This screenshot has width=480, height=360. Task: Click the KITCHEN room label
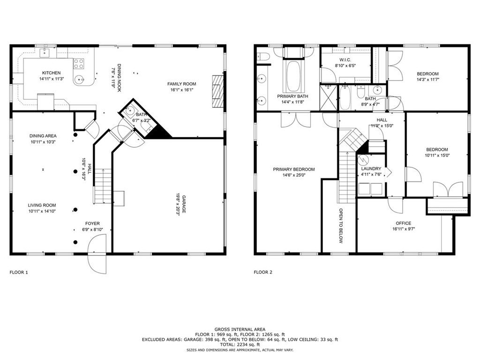point(51,73)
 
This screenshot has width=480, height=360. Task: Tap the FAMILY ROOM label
point(182,84)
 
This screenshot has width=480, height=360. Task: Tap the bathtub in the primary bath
point(293,76)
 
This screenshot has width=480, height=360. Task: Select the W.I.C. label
point(345,60)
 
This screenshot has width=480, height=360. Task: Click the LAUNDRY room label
point(371,169)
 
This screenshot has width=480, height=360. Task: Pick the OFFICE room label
point(403,223)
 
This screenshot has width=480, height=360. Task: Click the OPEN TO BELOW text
point(341,225)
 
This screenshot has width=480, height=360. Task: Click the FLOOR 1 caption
point(19,272)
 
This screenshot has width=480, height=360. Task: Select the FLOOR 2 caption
point(263,272)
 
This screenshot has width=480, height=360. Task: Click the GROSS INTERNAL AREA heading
point(240,329)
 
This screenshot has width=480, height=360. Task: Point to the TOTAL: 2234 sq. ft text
point(240,344)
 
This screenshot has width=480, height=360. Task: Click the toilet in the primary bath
point(263,57)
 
